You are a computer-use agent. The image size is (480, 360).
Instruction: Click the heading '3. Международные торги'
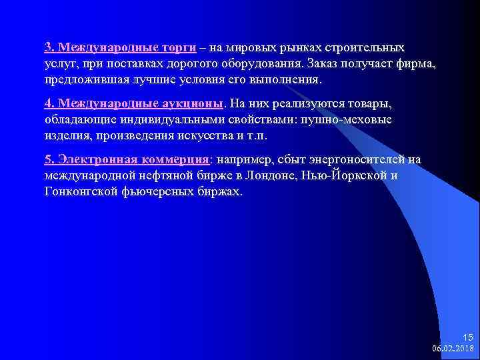click(x=120, y=48)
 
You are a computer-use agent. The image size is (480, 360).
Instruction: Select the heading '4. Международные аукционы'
click(x=135, y=104)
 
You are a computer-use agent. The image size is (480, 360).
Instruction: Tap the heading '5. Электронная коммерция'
click(x=127, y=160)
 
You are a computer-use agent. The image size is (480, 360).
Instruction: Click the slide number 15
click(x=467, y=337)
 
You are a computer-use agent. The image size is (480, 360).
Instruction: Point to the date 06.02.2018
click(x=453, y=348)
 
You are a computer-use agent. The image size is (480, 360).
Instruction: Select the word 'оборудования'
click(x=262, y=64)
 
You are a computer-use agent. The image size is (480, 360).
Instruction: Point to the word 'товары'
click(x=372, y=104)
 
